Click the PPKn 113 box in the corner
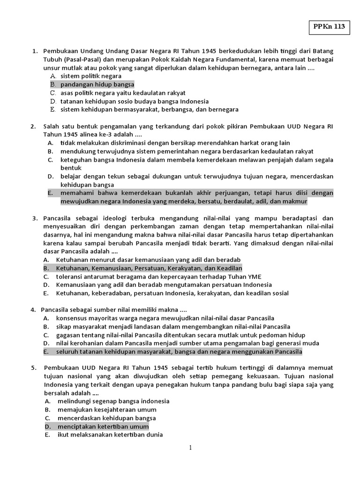(329, 27)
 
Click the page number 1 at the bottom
(190, 448)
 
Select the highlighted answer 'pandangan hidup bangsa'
(97, 84)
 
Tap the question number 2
(33, 126)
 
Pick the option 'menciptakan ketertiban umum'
(103, 427)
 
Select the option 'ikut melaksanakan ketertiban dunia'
(110, 435)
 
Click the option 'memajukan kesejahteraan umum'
(107, 410)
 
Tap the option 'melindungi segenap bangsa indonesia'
(113, 401)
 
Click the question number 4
(33, 310)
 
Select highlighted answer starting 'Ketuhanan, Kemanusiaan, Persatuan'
(149, 268)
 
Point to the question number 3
(35, 218)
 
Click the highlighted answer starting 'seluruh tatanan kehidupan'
(179, 352)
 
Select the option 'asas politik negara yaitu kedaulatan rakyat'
(123, 93)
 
